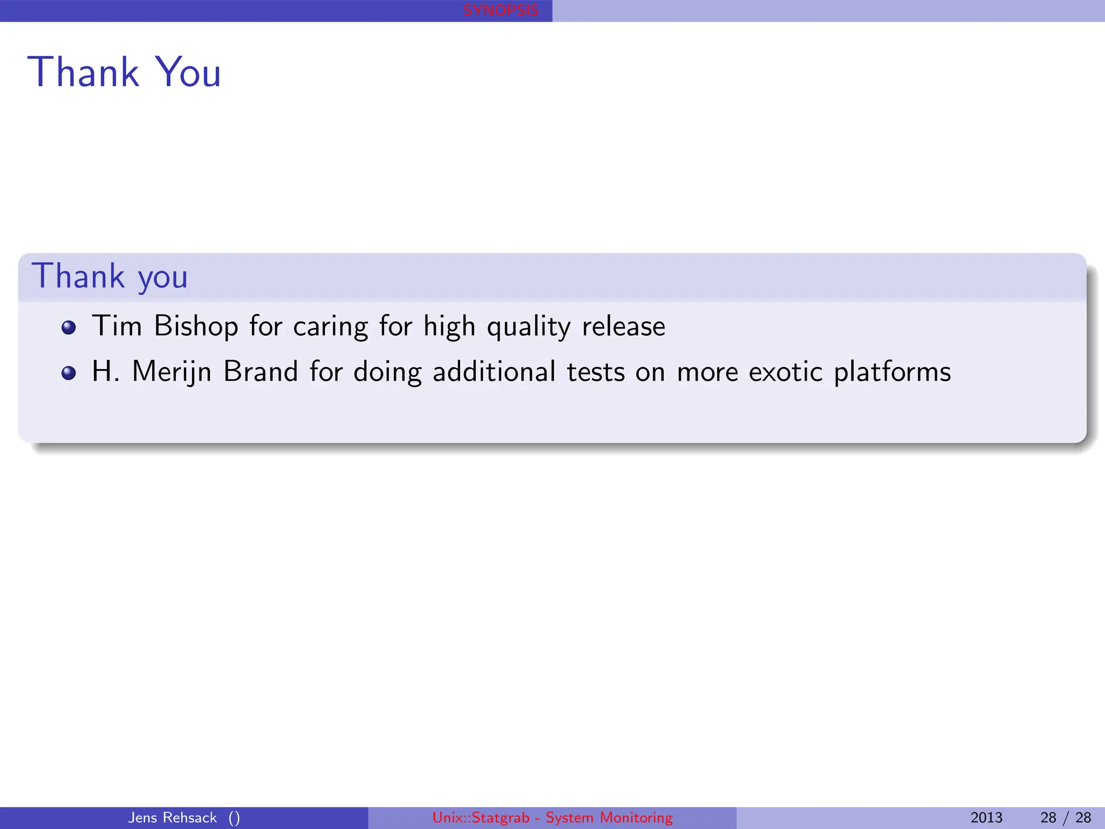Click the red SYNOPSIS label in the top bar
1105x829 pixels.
click(x=501, y=10)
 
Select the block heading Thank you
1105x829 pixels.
click(x=110, y=276)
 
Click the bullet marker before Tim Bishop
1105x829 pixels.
click(x=69, y=328)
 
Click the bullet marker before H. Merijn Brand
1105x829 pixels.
click(x=69, y=373)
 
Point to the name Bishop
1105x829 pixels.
click(x=196, y=327)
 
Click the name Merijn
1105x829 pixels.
click(x=172, y=372)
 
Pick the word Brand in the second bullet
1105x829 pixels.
click(x=261, y=371)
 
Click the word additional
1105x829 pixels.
click(x=494, y=371)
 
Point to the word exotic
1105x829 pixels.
click(x=786, y=371)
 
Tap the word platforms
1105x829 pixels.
click(x=892, y=372)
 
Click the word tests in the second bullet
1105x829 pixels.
click(x=596, y=371)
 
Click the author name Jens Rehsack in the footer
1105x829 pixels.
click(x=172, y=818)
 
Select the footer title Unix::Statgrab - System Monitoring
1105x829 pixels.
click(x=552, y=818)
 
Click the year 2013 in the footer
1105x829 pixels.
click(x=986, y=818)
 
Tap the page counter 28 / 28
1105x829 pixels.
click(x=1066, y=818)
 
